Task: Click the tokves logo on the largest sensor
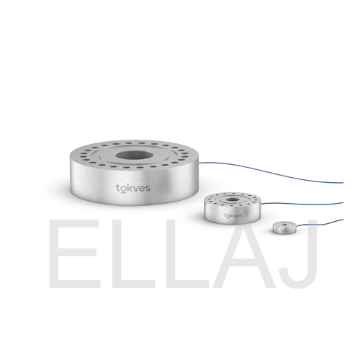pos(133,189)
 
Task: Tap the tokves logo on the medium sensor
pos(233,215)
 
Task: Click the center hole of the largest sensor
pos(134,156)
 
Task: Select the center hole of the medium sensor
pos(232,199)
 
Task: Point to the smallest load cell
pos(284,228)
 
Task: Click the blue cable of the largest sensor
pos(271,172)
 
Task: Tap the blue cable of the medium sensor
pos(302,204)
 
